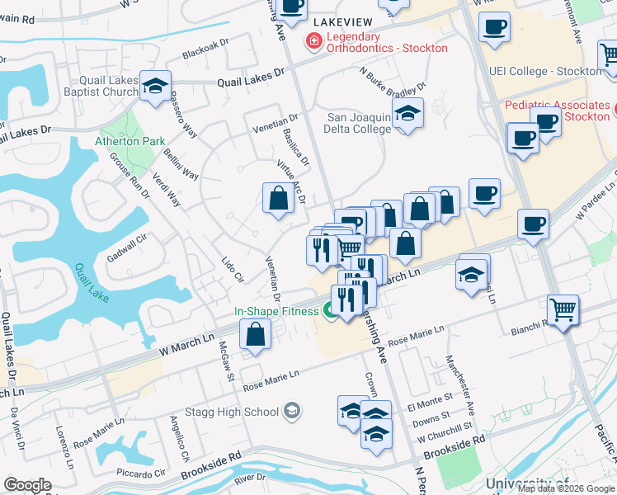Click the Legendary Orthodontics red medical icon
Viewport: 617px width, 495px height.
click(313, 40)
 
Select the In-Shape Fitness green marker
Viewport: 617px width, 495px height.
click(331, 311)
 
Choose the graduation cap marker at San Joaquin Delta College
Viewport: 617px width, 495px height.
click(407, 115)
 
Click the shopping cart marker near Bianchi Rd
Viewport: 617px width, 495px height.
click(563, 311)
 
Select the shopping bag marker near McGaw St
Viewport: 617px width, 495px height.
click(256, 335)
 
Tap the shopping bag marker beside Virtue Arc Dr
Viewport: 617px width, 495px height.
click(278, 198)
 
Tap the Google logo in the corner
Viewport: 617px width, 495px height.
click(27, 485)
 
